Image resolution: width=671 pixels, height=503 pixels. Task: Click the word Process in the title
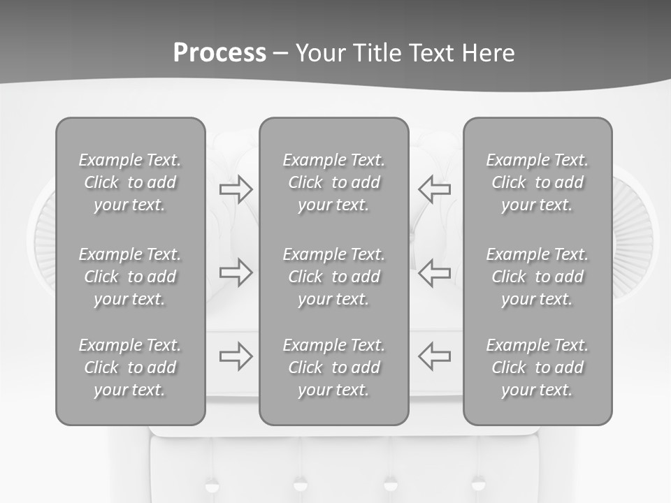click(219, 53)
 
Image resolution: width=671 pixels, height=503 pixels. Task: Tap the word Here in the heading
click(486, 53)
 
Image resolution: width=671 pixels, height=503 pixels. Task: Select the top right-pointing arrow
click(236, 189)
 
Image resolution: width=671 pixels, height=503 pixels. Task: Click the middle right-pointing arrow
click(236, 272)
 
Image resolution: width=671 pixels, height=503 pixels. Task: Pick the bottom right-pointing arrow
click(236, 356)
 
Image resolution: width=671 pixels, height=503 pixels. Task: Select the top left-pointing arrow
click(434, 189)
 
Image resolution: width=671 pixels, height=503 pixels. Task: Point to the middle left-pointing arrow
click(434, 272)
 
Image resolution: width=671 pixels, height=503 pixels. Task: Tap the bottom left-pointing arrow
click(434, 356)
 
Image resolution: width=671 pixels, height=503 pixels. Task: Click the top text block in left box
click(130, 182)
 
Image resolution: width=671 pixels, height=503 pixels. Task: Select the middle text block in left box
click(130, 277)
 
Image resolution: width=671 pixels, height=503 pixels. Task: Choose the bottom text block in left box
click(130, 367)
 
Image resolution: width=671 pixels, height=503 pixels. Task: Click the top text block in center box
click(333, 182)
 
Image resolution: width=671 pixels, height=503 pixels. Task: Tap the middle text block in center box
click(333, 277)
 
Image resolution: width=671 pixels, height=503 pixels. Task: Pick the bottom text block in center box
click(333, 367)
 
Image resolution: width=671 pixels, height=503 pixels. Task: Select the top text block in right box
click(537, 182)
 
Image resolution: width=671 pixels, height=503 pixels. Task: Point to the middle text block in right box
click(537, 277)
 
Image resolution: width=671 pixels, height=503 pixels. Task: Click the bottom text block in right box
click(537, 367)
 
